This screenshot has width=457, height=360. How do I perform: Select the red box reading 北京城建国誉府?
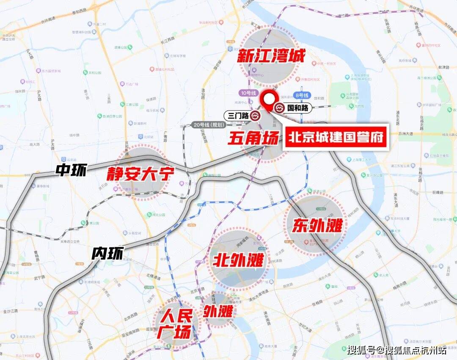click(336, 137)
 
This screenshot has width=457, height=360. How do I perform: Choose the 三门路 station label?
click(238, 116)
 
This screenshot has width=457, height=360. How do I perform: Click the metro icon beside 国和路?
click(280, 108)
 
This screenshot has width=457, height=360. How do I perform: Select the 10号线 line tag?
click(248, 92)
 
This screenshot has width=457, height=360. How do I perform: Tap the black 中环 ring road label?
click(71, 170)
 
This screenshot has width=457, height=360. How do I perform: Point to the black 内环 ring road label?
click(107, 253)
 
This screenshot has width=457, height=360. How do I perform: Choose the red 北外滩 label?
click(238, 259)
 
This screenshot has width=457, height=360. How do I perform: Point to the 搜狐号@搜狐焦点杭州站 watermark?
click(396, 350)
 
